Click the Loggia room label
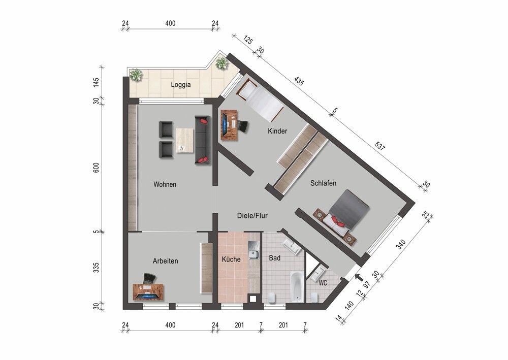tap(181, 85)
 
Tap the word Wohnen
tap(165, 184)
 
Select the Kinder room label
tap(278, 131)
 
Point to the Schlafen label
tap(323, 183)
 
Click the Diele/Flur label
tap(252, 216)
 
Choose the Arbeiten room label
tap(166, 261)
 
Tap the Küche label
tap(231, 259)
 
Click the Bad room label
tap(275, 258)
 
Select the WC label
tap(323, 283)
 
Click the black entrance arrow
tap(359, 277)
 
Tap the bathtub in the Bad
tap(297, 286)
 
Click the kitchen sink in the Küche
tap(253, 250)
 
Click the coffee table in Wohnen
tap(185, 140)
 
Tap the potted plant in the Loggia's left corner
tap(136, 75)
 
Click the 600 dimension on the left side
tap(97, 167)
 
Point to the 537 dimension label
tap(380, 146)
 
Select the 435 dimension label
tap(299, 81)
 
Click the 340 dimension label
tap(401, 244)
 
